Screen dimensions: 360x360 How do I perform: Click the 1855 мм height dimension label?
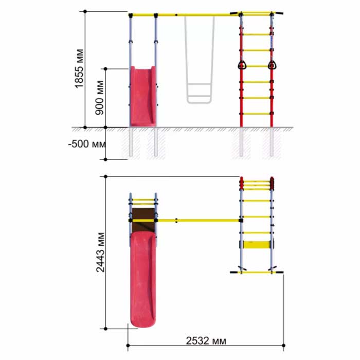pos(79,68)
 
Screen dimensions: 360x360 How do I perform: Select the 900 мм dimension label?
pos(99,98)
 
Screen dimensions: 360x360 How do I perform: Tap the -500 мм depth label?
pos(87,144)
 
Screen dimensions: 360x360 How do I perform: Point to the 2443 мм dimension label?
pos(100,253)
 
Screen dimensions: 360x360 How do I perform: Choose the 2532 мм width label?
pos(206,340)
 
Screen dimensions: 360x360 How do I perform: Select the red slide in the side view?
pos(143,96)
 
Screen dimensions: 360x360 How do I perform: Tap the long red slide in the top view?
pos(143,279)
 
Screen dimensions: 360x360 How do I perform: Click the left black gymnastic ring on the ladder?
pos(242,65)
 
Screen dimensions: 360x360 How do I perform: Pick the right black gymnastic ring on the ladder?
pos(272,65)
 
